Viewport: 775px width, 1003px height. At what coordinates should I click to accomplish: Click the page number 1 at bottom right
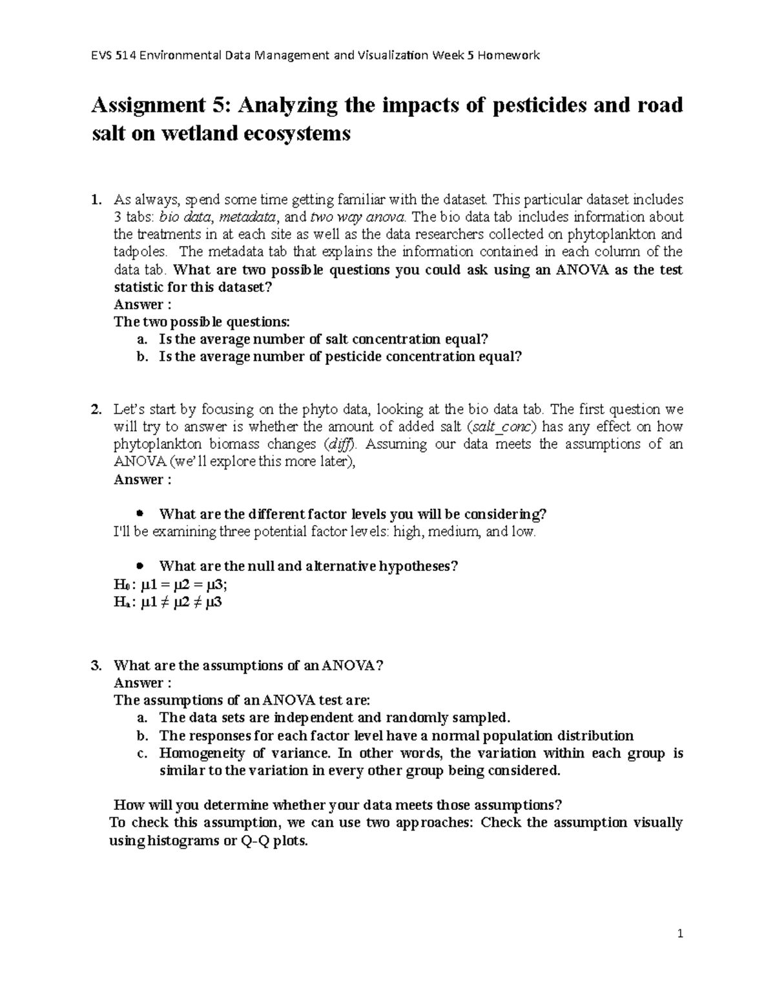[680, 934]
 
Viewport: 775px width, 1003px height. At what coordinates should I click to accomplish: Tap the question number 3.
[96, 666]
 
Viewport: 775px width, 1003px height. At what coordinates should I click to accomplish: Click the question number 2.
[96, 409]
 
